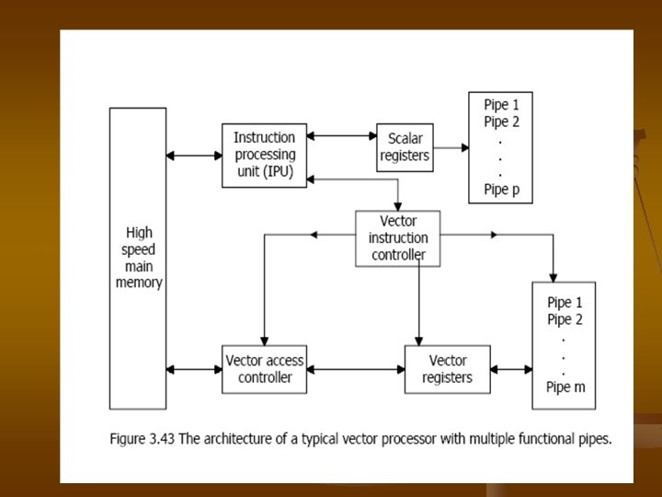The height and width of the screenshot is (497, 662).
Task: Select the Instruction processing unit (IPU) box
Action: [264, 155]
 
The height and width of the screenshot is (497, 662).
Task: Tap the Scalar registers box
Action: [405, 147]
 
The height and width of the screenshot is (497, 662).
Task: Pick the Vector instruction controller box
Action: [398, 238]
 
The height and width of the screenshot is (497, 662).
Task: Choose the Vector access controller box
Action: [264, 369]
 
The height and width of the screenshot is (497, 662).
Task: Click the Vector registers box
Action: [448, 369]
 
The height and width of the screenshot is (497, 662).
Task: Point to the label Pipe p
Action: [501, 191]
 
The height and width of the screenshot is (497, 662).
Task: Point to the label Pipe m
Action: [565, 387]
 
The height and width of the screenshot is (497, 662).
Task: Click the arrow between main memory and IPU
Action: [194, 156]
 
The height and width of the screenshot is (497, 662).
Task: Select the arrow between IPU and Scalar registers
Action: [341, 136]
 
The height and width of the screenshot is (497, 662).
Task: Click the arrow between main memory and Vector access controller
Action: [194, 370]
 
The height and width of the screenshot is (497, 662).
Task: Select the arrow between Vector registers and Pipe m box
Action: [512, 370]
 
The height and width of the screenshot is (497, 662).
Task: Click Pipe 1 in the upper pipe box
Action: [501, 104]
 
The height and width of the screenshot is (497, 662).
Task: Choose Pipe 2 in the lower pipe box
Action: [565, 319]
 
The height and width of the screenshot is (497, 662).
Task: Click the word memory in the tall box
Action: [139, 283]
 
